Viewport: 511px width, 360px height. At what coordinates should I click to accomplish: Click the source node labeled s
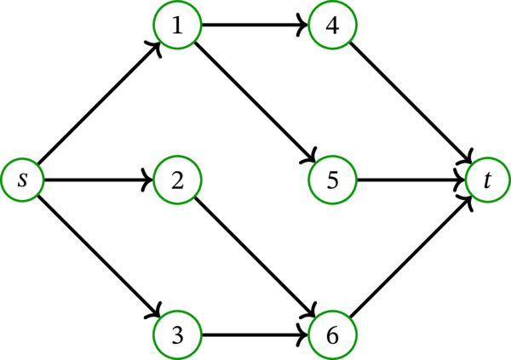pyautogui.click(x=22, y=180)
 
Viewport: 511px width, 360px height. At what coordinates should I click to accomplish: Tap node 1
pyautogui.click(x=177, y=26)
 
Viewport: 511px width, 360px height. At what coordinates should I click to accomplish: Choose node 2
pyautogui.click(x=177, y=180)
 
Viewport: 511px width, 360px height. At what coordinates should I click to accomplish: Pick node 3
pyautogui.click(x=177, y=333)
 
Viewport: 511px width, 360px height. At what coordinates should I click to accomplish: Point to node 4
pyautogui.click(x=333, y=26)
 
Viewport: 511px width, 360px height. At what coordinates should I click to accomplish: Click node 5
pyautogui.click(x=333, y=180)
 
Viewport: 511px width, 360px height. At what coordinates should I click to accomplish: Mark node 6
pyautogui.click(x=333, y=333)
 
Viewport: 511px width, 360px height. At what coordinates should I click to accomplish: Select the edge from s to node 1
pyautogui.click(x=100, y=103)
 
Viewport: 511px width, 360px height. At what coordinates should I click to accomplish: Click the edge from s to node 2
pyautogui.click(x=98, y=180)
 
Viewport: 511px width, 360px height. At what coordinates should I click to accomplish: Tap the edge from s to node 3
pyautogui.click(x=100, y=256)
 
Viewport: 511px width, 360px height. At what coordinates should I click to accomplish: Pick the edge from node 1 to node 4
pyautogui.click(x=254, y=26)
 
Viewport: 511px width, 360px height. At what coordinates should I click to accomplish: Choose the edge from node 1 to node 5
pyautogui.click(x=255, y=103)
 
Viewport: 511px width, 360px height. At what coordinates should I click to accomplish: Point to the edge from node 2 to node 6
pyautogui.click(x=255, y=256)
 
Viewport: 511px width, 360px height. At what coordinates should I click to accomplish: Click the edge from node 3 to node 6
pyautogui.click(x=254, y=333)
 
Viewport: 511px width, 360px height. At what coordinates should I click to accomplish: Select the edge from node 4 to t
pyautogui.click(x=411, y=103)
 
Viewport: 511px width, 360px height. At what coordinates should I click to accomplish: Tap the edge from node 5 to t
pyautogui.click(x=409, y=180)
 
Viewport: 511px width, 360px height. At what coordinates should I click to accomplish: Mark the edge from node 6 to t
pyautogui.click(x=411, y=256)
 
